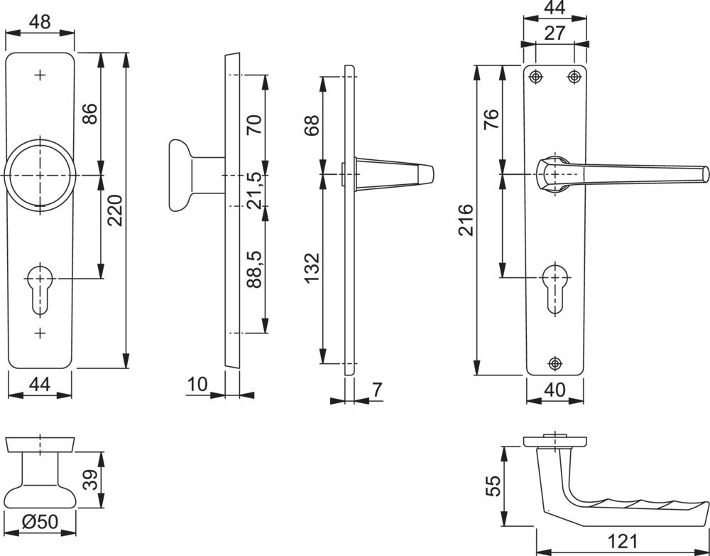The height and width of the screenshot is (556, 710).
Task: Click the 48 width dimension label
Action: coord(40,22)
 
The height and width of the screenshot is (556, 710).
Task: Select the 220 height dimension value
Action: coord(115,210)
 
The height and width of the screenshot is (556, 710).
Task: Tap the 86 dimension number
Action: coord(89,114)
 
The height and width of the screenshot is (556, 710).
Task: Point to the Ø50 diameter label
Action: coord(40,522)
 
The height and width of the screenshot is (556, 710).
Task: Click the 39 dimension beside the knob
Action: coord(91,479)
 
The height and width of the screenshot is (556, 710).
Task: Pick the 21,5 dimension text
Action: coord(254,191)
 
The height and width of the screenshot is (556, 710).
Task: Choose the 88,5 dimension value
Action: coord(254,269)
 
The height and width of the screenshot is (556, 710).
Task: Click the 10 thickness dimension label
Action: coord(197,385)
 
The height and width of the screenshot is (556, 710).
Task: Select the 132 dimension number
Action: coord(312,268)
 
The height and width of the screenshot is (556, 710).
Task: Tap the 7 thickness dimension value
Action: coord(377,390)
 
